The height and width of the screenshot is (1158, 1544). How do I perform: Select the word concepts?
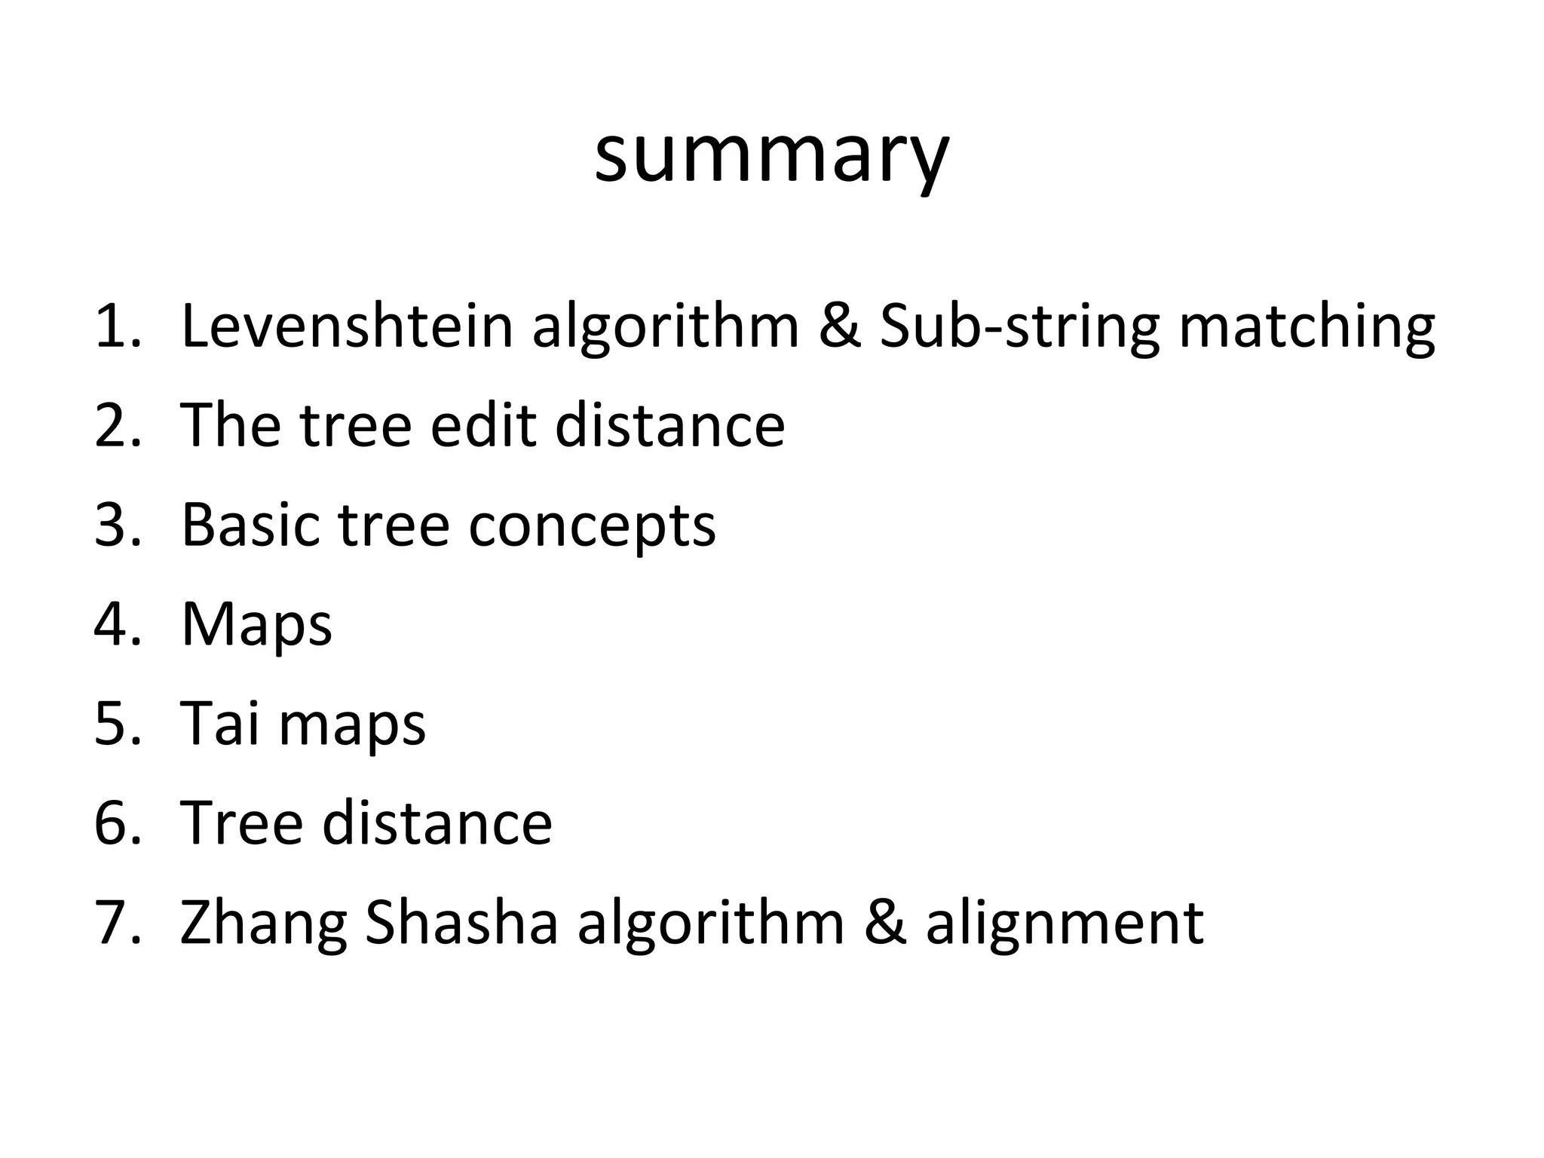point(592,527)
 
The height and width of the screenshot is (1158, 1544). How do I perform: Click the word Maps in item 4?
point(256,626)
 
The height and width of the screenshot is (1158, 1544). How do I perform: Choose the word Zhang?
point(263,925)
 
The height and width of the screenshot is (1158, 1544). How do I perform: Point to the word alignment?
point(1065,925)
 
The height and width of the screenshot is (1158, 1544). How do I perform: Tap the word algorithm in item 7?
point(711,925)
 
